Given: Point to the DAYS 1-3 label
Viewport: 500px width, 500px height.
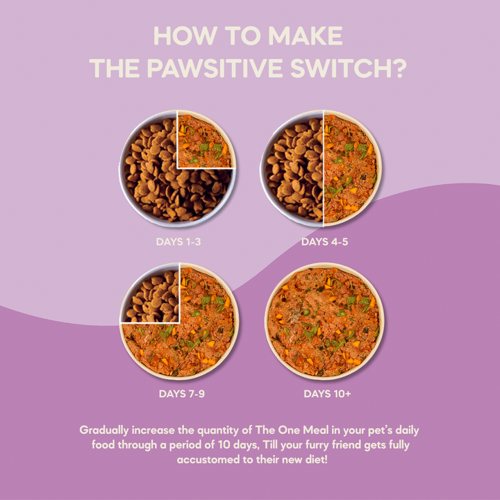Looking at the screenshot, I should pyautogui.click(x=178, y=242).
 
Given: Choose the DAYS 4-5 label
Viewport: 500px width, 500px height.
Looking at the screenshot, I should pyautogui.click(x=324, y=242).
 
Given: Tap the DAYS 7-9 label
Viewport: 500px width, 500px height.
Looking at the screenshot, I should pyautogui.click(x=181, y=394).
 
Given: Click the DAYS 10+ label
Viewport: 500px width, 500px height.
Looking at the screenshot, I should pyautogui.click(x=327, y=394).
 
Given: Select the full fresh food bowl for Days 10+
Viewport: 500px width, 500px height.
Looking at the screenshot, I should pyautogui.click(x=324, y=321).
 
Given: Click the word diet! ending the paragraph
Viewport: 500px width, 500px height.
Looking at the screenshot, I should pyautogui.click(x=310, y=460).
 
